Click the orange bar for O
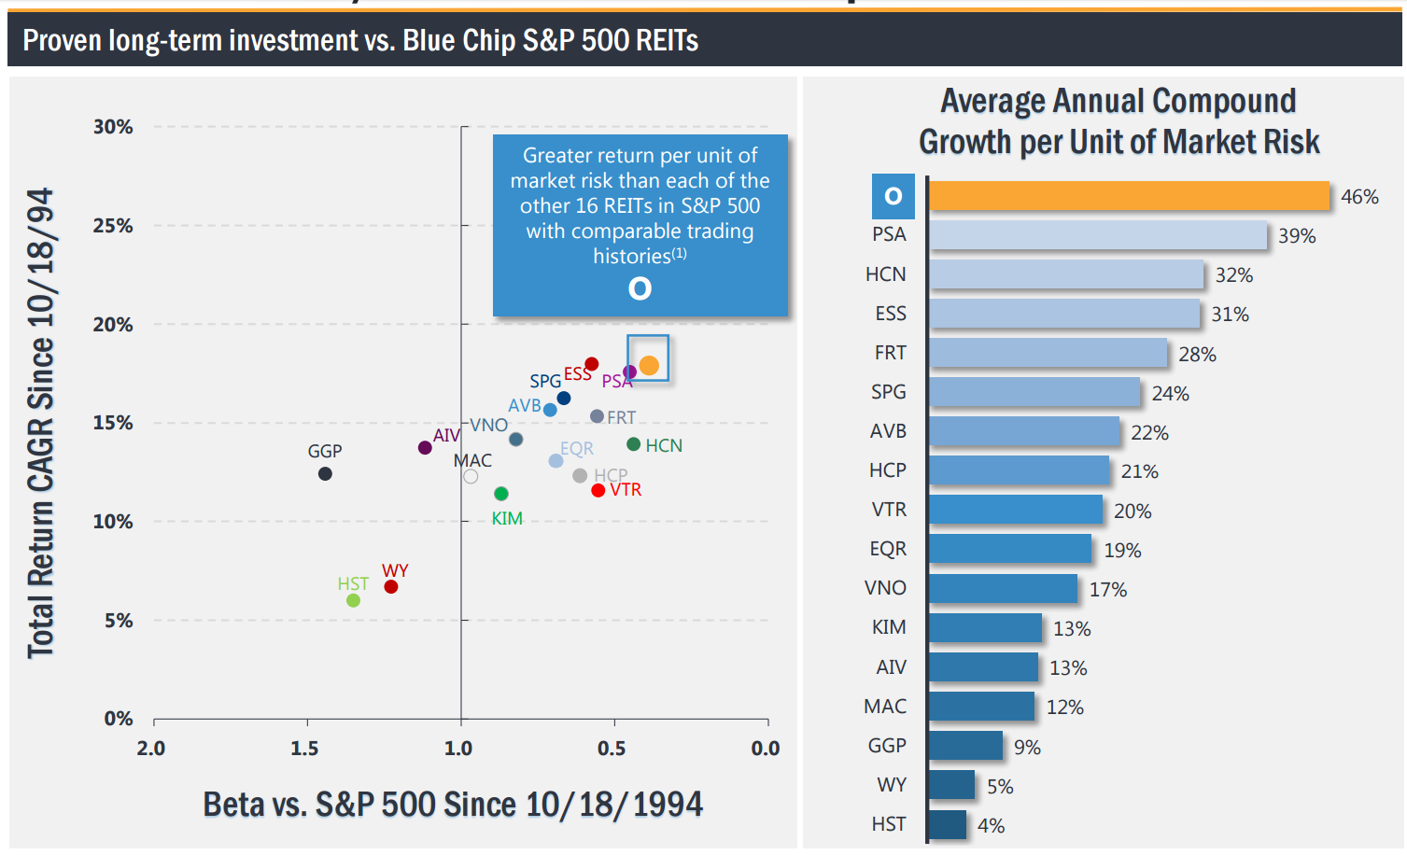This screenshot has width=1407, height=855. click(x=1128, y=196)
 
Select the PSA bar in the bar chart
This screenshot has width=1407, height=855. click(x=1098, y=235)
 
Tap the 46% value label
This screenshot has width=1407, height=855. click(x=1358, y=197)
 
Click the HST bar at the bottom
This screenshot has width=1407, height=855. click(x=948, y=825)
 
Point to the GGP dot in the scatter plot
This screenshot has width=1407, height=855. click(x=325, y=474)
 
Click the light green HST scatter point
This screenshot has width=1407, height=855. click(x=353, y=600)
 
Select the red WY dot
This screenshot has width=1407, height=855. click(x=391, y=587)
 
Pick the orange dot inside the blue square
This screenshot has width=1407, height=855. click(x=649, y=365)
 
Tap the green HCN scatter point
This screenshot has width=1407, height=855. click(x=633, y=444)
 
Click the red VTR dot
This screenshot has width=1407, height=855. click(x=598, y=491)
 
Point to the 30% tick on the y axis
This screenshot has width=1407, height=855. click(x=113, y=127)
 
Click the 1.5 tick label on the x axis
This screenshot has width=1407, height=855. click(x=304, y=749)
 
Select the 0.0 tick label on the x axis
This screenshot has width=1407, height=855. click(x=765, y=749)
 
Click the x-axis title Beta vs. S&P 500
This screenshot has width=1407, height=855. click(x=453, y=805)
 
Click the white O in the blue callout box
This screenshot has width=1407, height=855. click(x=640, y=288)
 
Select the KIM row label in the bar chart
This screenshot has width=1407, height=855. click(x=889, y=627)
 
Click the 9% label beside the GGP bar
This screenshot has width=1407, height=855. click(x=1027, y=748)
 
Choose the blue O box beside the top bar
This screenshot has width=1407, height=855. click(x=893, y=196)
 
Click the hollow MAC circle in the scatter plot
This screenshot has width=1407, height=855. click(x=471, y=477)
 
